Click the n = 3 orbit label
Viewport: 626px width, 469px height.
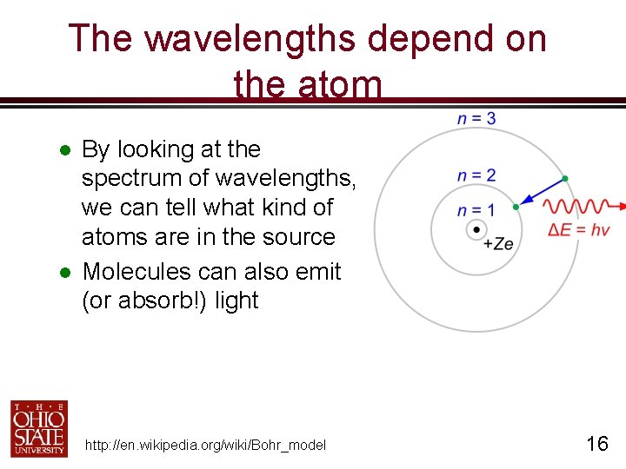click(x=476, y=118)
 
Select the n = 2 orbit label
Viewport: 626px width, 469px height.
click(x=476, y=175)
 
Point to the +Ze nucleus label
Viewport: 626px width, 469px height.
click(x=498, y=244)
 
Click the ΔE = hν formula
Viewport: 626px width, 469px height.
click(x=579, y=230)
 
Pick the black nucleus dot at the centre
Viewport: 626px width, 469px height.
click(x=476, y=230)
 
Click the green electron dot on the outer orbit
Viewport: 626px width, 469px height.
click(x=565, y=179)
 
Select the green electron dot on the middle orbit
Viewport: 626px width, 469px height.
click(x=516, y=207)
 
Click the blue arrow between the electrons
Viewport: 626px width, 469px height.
click(x=540, y=194)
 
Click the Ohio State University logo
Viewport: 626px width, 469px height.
click(x=39, y=428)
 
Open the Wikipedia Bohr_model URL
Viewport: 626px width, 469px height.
click(x=205, y=446)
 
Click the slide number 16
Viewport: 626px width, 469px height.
click(x=596, y=444)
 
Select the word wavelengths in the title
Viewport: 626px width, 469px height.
click(x=249, y=39)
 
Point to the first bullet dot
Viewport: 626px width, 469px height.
click(x=63, y=150)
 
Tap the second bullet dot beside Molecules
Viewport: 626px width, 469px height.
click(x=63, y=273)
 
